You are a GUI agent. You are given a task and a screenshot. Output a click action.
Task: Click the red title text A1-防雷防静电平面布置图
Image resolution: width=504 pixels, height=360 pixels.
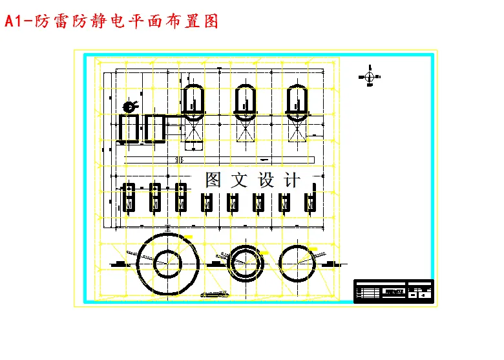tap(111, 21)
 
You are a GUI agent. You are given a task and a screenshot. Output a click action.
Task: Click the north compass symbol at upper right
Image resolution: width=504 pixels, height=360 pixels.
tap(369, 77)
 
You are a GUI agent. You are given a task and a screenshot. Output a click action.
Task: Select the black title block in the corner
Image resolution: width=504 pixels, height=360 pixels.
tap(393, 291)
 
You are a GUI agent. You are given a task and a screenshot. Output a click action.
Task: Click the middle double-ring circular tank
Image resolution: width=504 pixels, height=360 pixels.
tap(246, 262)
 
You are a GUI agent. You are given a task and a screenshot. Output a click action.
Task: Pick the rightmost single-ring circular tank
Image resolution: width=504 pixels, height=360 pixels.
tap(299, 262)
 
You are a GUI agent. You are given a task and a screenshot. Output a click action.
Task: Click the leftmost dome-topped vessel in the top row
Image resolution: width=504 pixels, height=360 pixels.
tap(193, 101)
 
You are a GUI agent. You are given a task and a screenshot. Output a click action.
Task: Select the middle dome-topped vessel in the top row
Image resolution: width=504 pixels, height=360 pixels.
tap(246, 101)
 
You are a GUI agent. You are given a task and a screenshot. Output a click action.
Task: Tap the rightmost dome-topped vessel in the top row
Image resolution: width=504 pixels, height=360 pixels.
tap(298, 101)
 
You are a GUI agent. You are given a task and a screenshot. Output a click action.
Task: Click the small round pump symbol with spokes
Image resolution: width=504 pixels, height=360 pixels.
tap(129, 106)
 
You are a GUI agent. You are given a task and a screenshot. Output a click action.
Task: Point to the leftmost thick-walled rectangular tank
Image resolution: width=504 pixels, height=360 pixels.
tap(129, 128)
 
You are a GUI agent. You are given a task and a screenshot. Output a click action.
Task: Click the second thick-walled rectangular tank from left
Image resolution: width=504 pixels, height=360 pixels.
tap(155, 128)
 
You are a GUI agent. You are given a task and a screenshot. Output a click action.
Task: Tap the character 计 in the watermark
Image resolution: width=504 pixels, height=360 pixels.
tap(293, 180)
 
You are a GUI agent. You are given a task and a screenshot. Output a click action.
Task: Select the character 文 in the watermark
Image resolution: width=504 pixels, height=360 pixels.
tap(240, 180)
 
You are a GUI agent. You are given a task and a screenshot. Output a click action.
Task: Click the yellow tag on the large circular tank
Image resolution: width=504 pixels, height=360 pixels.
tap(188, 238)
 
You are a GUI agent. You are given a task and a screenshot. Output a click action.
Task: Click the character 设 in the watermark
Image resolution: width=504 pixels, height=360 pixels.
tap(266, 180)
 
